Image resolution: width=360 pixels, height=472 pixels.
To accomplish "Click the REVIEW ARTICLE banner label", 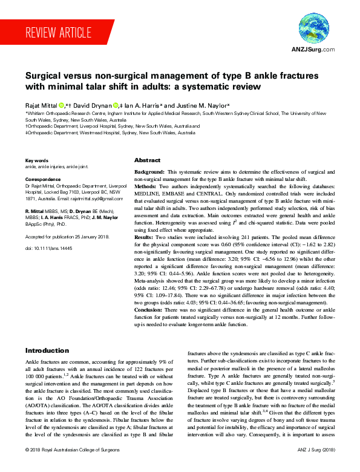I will (59, 32).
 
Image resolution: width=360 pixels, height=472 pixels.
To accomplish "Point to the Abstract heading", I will (147, 160).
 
